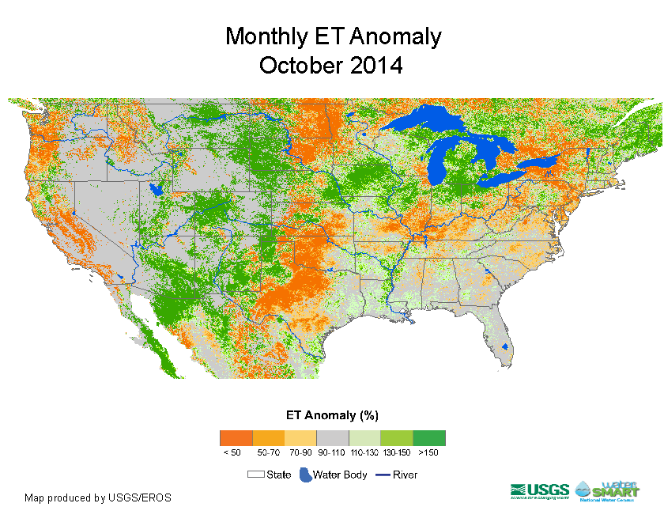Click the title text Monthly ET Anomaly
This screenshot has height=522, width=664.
coord(333,36)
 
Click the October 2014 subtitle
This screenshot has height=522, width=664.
coord(331,65)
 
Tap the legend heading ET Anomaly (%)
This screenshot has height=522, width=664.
coord(332,414)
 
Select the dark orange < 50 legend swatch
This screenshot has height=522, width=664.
coord(236,437)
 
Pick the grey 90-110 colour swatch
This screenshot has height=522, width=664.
coord(332,437)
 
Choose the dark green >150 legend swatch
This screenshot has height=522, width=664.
coord(429,437)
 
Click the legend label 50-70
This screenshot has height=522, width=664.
coord(268,452)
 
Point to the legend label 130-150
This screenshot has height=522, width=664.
coord(396,452)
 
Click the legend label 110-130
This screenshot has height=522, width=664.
coord(364,452)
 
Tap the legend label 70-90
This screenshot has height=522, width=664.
coord(300,452)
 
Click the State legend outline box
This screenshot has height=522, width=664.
coord(255,475)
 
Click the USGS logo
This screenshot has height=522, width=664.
coord(540,491)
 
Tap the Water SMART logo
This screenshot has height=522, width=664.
coord(607,490)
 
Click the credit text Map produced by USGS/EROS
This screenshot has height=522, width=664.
coord(98,497)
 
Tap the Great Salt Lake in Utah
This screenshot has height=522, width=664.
coord(156,190)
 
